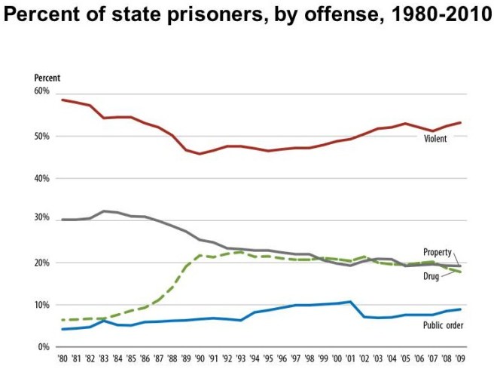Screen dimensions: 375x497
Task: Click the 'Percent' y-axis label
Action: click(47, 78)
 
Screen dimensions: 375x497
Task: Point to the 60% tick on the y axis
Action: click(41, 91)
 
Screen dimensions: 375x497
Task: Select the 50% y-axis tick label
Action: click(41, 137)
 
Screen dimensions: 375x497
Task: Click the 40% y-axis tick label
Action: click(41, 179)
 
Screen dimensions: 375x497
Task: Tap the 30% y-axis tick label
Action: click(41, 219)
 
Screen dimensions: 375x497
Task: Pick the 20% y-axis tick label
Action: click(41, 263)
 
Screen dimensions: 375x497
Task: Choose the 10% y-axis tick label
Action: click(41, 305)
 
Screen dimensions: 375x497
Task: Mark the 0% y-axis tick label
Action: click(44, 347)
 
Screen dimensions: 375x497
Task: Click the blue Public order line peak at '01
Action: click(350, 302)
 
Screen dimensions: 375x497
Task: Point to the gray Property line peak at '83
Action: click(104, 211)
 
